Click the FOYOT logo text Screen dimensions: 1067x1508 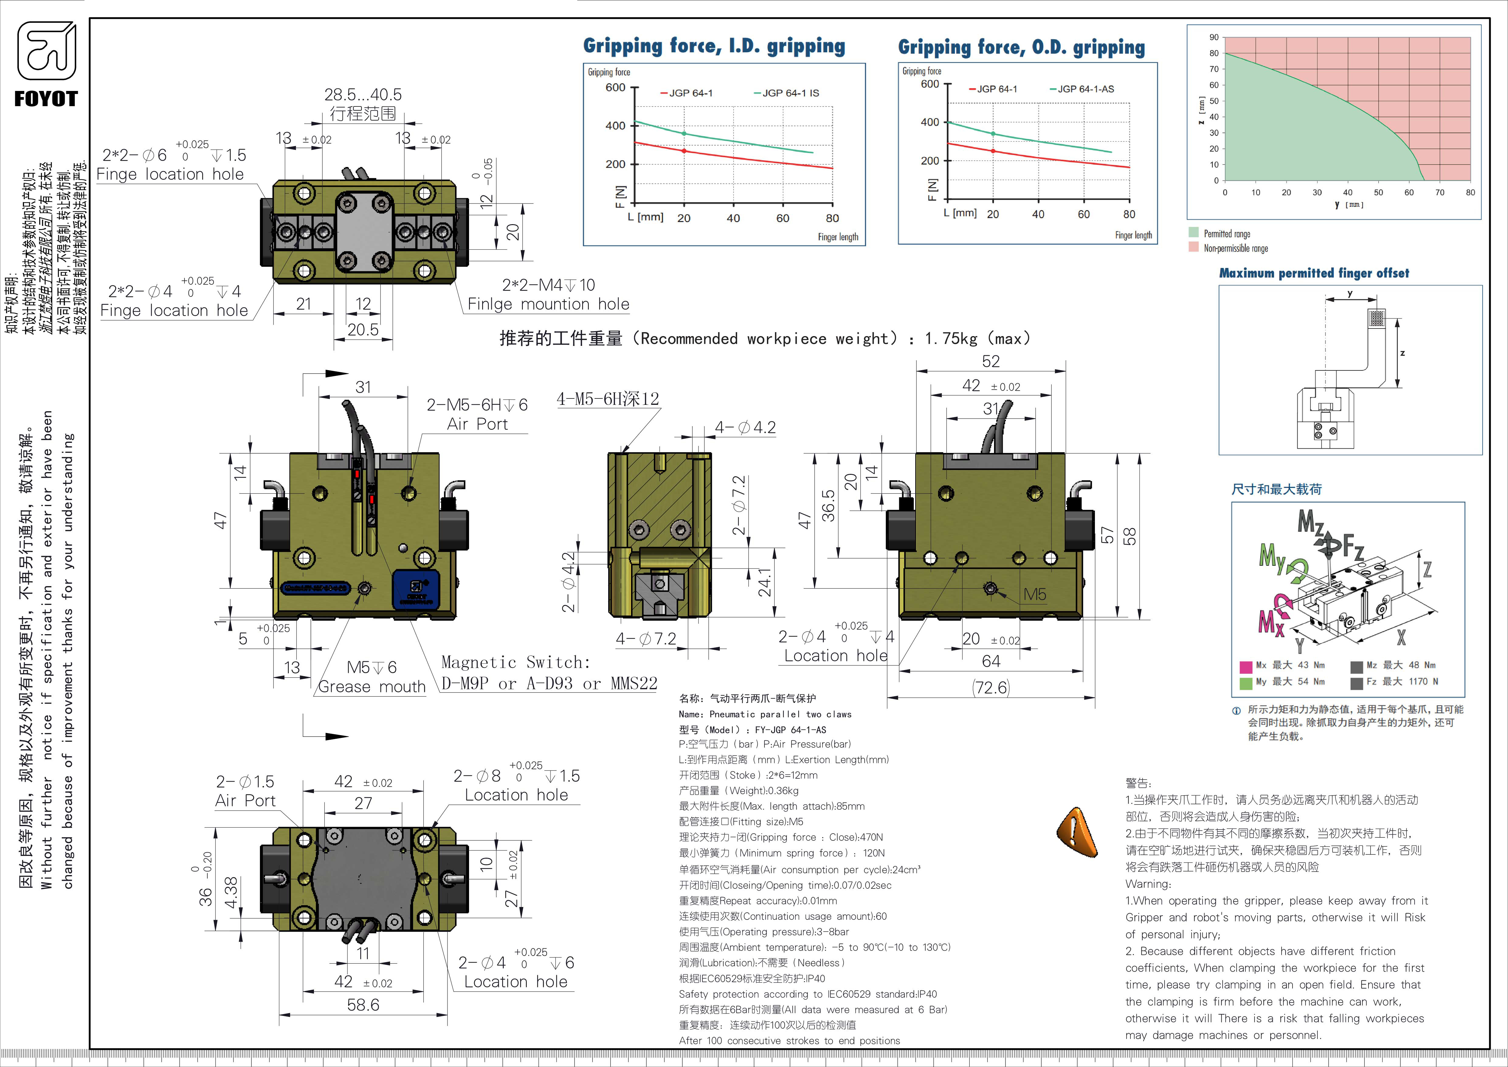(x=46, y=99)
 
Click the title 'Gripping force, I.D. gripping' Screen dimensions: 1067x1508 (x=714, y=46)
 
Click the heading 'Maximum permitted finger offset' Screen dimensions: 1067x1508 (x=1313, y=273)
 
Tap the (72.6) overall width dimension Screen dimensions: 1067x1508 (x=990, y=688)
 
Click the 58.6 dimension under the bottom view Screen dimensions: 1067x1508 (x=363, y=1005)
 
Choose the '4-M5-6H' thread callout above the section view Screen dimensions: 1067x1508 (x=608, y=399)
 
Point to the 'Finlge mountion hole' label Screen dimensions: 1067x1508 (x=548, y=304)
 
